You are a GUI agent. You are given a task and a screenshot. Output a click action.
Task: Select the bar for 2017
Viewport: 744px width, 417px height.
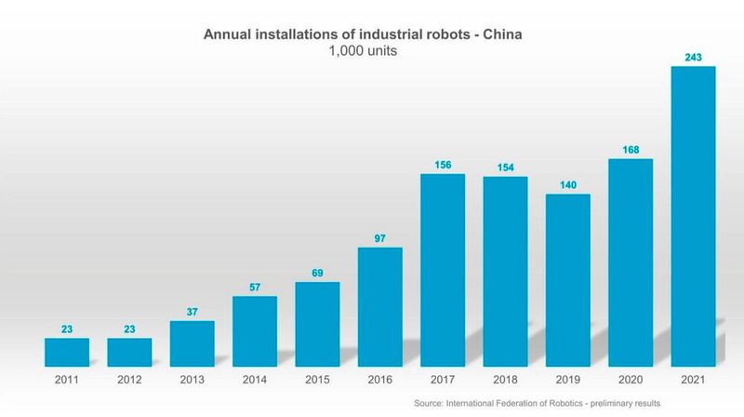[x=443, y=270]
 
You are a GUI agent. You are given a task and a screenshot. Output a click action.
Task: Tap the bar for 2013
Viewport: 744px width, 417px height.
[x=192, y=343]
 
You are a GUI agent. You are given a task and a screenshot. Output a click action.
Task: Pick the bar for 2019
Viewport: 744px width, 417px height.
[x=567, y=279]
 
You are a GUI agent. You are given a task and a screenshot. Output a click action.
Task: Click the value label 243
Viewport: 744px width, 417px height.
[x=693, y=58]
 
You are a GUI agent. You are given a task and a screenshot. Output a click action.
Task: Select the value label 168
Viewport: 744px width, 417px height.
[x=631, y=150]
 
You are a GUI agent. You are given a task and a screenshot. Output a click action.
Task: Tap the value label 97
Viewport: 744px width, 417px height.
[x=379, y=238]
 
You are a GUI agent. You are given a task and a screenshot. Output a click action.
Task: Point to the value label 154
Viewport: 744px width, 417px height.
[x=505, y=168]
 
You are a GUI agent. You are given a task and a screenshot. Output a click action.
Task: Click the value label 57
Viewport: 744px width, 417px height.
[x=254, y=288]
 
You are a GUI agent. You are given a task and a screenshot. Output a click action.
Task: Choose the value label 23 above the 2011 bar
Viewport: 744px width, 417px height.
[x=66, y=330]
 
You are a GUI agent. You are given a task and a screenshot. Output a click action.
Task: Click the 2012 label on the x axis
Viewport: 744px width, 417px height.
[x=129, y=380]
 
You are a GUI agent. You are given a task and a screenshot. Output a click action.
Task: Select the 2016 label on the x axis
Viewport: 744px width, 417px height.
[x=379, y=380]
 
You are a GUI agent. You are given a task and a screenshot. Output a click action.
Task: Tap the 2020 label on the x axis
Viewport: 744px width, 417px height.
[x=631, y=380]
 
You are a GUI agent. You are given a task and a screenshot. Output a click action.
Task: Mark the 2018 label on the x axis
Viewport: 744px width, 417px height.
[x=505, y=380]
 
